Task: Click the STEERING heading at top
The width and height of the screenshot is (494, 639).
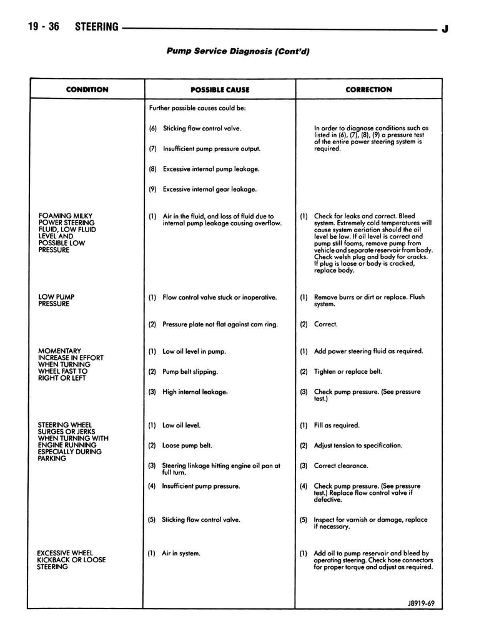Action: tap(96, 27)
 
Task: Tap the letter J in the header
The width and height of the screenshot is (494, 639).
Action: tap(444, 29)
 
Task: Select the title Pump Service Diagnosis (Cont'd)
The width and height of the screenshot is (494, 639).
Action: tap(238, 51)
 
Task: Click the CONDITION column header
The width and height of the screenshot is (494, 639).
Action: tap(87, 89)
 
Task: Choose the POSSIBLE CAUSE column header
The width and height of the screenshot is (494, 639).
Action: tap(220, 90)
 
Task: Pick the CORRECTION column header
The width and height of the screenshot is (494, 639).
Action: tap(368, 89)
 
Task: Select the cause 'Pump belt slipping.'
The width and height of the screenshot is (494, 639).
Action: tap(190, 371)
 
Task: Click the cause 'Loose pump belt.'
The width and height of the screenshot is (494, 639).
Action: tap(187, 446)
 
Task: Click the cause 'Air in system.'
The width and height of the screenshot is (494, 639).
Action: tap(181, 553)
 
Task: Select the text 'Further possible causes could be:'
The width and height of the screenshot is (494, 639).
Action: tap(197, 108)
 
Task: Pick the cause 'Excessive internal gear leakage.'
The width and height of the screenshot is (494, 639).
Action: tap(209, 189)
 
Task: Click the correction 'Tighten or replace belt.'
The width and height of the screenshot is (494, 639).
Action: tap(348, 371)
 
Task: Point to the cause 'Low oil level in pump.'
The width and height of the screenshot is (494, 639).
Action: tap(194, 351)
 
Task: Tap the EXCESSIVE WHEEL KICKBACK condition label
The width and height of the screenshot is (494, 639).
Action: tap(71, 560)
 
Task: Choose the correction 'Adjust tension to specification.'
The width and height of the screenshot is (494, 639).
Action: tap(358, 446)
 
